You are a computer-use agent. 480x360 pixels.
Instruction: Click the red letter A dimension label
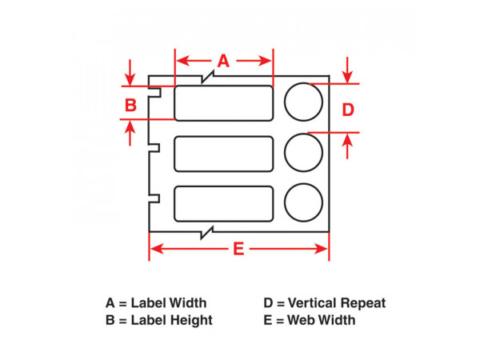point(224,61)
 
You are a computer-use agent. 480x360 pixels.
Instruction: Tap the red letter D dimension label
point(348,110)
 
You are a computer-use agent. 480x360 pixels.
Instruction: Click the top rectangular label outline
point(223,102)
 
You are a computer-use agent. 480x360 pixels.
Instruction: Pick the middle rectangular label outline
point(223,153)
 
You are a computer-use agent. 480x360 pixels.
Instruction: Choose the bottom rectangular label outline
point(223,202)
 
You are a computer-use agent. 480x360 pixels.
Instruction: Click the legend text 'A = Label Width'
point(156,303)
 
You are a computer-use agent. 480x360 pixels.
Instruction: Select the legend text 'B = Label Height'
point(159,320)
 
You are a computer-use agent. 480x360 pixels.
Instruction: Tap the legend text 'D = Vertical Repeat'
point(325,303)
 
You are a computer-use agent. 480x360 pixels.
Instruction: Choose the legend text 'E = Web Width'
point(310,320)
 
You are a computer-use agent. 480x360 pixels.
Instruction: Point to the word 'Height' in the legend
point(192,320)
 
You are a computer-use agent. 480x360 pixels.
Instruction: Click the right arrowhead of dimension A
point(269,61)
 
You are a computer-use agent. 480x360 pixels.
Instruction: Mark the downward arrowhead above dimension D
point(348,76)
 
